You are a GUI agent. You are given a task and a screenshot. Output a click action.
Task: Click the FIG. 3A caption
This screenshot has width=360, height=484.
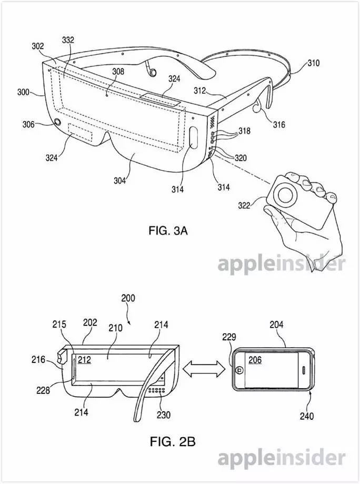click(168, 231)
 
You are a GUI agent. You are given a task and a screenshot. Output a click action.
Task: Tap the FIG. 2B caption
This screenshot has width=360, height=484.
click(173, 441)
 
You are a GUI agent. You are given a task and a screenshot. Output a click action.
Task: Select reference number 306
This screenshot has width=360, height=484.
click(28, 124)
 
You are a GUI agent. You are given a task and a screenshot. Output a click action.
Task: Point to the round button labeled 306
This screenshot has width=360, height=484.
click(57, 122)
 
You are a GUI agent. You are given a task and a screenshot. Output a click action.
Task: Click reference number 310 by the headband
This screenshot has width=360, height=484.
click(313, 63)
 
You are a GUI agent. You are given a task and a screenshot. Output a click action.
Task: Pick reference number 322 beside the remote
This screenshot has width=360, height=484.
click(244, 205)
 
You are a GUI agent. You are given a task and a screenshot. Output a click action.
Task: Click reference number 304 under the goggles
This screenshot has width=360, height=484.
click(119, 180)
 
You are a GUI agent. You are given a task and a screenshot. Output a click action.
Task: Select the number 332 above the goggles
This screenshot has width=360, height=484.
click(68, 40)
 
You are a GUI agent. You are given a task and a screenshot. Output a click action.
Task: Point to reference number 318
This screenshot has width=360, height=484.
click(244, 131)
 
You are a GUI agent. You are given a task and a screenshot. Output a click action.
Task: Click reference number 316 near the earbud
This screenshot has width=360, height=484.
click(279, 124)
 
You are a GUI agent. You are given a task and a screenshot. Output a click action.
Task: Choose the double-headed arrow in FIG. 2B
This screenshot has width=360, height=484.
click(204, 369)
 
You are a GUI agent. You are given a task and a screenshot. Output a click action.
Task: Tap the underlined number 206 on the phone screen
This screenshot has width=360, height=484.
click(255, 360)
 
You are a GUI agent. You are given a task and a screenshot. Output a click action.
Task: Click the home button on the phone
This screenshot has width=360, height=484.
click(239, 370)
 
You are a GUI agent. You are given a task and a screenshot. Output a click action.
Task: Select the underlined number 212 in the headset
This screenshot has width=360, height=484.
click(84, 360)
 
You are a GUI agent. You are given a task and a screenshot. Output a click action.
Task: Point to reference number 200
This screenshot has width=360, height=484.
click(128, 298)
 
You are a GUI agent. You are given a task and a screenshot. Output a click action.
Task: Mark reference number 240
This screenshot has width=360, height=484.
click(307, 416)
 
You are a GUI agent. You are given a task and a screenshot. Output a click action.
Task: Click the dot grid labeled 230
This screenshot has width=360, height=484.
click(157, 390)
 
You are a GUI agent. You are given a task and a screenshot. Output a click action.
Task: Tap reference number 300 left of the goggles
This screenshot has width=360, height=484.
click(24, 92)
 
